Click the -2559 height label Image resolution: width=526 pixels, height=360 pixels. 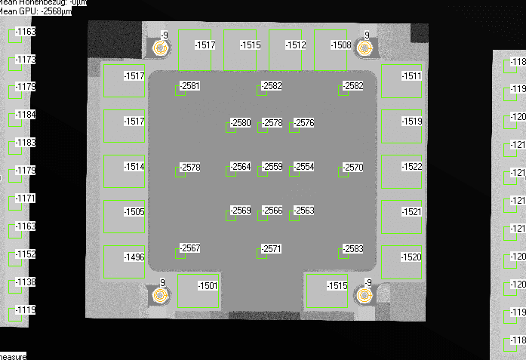[272, 167]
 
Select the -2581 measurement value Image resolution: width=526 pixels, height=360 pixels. [190, 86]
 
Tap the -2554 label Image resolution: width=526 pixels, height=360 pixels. [304, 167]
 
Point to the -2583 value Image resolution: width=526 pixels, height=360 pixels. [353, 249]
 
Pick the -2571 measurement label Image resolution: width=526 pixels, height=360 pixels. [272, 249]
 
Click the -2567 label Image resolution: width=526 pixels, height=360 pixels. [190, 249]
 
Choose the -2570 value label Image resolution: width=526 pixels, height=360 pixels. [353, 167]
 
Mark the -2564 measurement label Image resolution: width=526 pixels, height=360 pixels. [241, 167]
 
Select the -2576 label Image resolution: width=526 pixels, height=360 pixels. [304, 123]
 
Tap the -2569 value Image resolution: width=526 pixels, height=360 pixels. [241, 211]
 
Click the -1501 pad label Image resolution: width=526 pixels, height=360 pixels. [208, 286]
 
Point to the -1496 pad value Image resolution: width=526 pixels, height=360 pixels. [134, 257]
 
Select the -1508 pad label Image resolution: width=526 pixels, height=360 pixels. [341, 45]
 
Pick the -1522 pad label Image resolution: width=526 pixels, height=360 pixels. [412, 166]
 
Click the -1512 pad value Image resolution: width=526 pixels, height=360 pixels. [296, 45]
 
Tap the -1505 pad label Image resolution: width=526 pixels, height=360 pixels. [134, 212]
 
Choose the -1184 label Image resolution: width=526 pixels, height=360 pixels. [26, 115]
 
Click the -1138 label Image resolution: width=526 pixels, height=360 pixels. [26, 282]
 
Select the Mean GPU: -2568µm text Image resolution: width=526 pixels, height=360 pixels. [35, 11]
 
